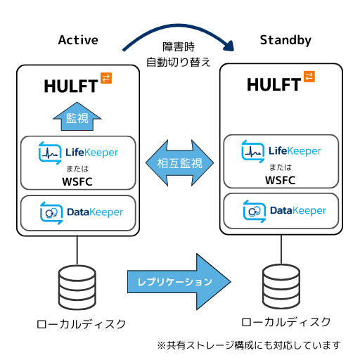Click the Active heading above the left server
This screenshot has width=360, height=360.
[x=77, y=40]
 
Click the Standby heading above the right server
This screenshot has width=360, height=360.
[x=285, y=40]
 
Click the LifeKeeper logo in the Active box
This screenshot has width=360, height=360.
[x=77, y=152]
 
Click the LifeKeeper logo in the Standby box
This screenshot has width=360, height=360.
[x=281, y=151]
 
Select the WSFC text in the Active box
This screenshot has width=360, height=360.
[x=77, y=180]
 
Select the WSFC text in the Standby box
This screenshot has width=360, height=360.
[x=281, y=180]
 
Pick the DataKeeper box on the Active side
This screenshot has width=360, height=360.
[x=77, y=212]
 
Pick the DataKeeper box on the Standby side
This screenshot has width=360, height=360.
[x=281, y=211]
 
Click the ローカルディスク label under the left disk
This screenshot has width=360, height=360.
[x=82, y=324]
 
